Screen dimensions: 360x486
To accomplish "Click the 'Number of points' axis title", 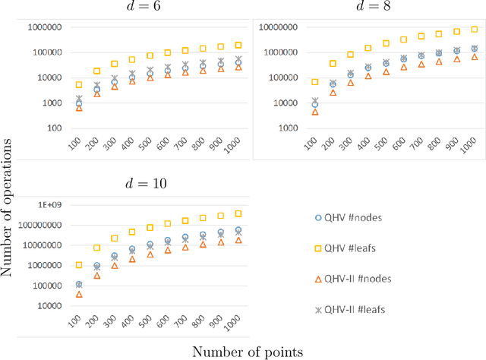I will [x=248, y=351].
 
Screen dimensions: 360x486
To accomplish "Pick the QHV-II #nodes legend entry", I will [x=356, y=278].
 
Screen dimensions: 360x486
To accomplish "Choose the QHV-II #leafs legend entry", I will [x=355, y=309].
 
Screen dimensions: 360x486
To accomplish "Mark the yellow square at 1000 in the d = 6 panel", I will [x=238, y=46].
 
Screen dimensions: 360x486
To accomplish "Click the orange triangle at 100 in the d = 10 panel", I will [x=79, y=294].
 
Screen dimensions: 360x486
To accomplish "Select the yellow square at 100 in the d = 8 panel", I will [x=315, y=81].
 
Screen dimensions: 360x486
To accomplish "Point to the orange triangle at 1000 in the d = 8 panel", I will [x=475, y=57].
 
